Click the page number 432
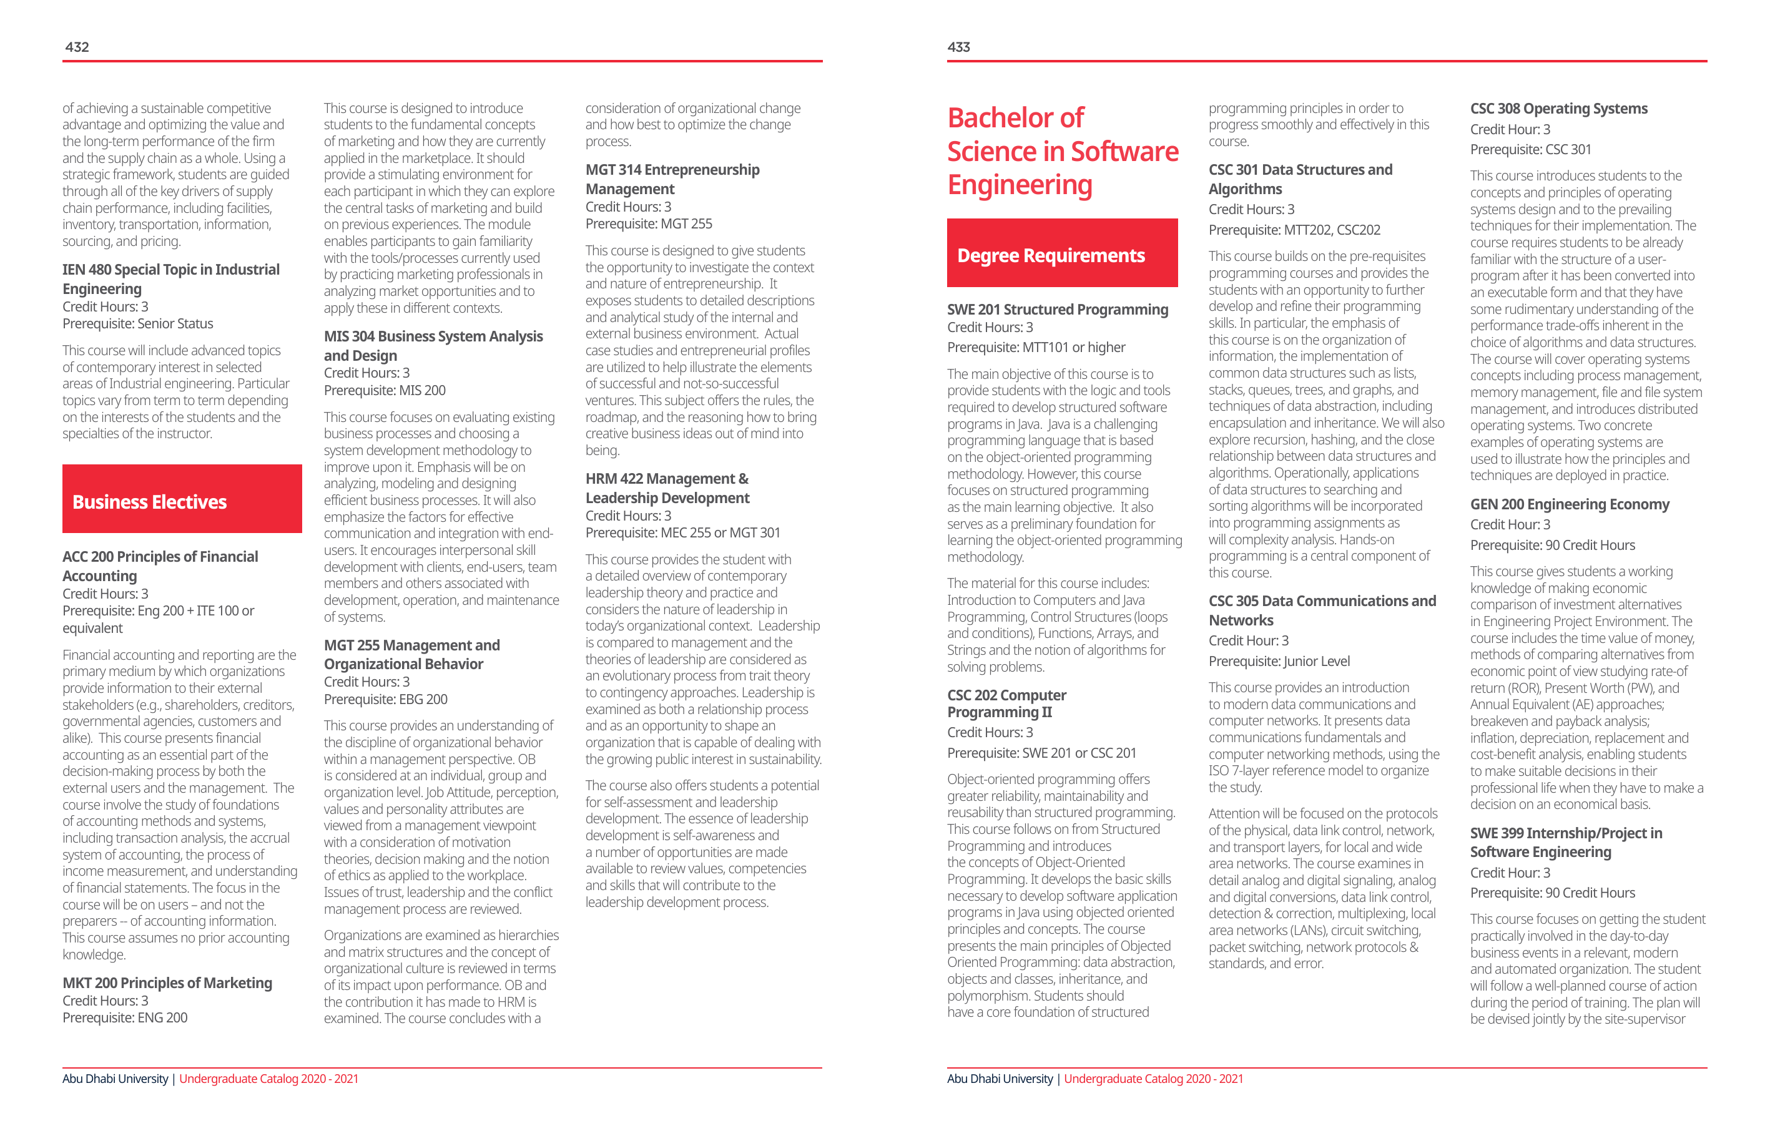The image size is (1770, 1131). pyautogui.click(x=77, y=47)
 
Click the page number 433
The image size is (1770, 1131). pyautogui.click(x=958, y=47)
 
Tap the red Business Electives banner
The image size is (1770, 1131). pyautogui.click(x=182, y=499)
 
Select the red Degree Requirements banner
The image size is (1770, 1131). pyautogui.click(x=1061, y=253)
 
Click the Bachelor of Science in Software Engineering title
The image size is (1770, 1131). pyautogui.click(x=1061, y=152)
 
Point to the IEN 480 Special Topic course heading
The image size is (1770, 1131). pyautogui.click(x=170, y=278)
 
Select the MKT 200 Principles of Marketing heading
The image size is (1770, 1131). pyautogui.click(x=167, y=982)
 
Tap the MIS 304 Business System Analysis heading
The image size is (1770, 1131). pyautogui.click(x=433, y=345)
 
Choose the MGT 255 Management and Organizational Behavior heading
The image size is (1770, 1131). pyautogui.click(x=411, y=654)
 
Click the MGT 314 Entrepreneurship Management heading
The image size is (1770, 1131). pyautogui.click(x=672, y=179)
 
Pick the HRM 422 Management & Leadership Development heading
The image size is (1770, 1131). pyautogui.click(x=667, y=487)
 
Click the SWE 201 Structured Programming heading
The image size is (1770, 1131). pyautogui.click(x=1057, y=310)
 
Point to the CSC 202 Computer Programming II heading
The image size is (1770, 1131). pyautogui.click(x=1006, y=703)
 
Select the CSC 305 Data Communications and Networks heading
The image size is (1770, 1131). pyautogui.click(x=1322, y=610)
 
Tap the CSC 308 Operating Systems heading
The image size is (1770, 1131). pyautogui.click(x=1558, y=109)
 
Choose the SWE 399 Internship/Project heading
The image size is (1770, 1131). pyautogui.click(x=1566, y=841)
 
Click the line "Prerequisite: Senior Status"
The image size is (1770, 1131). pyautogui.click(x=137, y=323)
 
